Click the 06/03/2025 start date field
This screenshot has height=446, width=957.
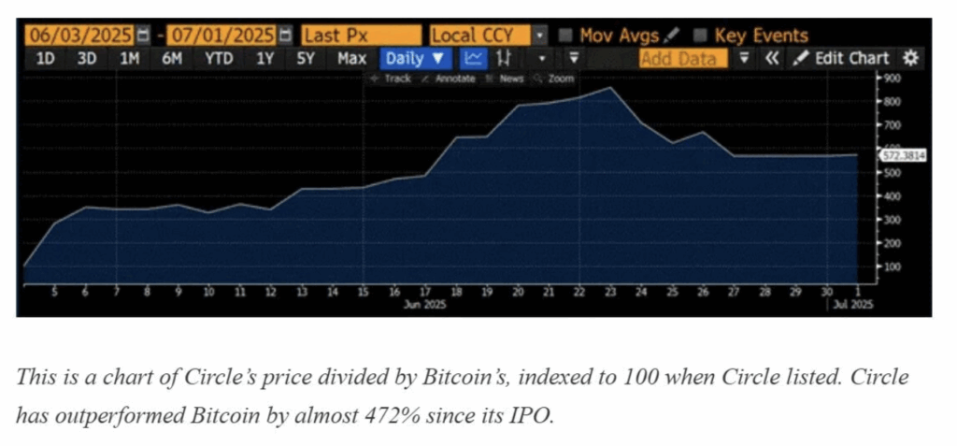click(x=79, y=36)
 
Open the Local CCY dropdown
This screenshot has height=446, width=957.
click(x=539, y=36)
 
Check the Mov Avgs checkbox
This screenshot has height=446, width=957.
click(x=565, y=36)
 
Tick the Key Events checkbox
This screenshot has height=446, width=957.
click(x=700, y=36)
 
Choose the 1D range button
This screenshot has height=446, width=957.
click(x=45, y=58)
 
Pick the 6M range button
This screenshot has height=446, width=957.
click(x=171, y=58)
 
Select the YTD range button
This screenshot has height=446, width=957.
click(x=219, y=58)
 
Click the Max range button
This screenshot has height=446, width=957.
click(x=351, y=58)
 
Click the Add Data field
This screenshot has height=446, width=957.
click(x=679, y=59)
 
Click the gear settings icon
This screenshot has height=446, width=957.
click(x=911, y=58)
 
